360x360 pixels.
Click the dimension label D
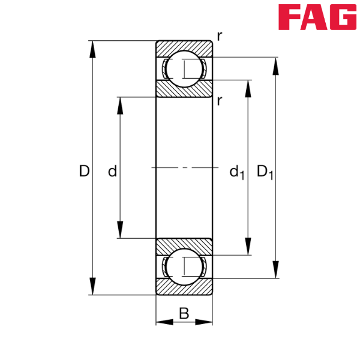coord(84,172)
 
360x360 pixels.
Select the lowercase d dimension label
coord(112,173)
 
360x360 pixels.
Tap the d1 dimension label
coord(236,173)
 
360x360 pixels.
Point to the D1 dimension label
coord(265,172)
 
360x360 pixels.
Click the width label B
coord(184,312)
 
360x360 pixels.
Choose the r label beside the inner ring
coord(220,101)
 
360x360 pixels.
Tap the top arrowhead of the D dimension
coord(92,49)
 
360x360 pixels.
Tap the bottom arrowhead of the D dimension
coord(92,286)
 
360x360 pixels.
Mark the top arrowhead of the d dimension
coord(120,104)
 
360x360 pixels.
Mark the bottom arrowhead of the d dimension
coord(120,229)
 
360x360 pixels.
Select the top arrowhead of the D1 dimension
coord(276,66)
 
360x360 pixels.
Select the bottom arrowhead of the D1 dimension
coord(276,269)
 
